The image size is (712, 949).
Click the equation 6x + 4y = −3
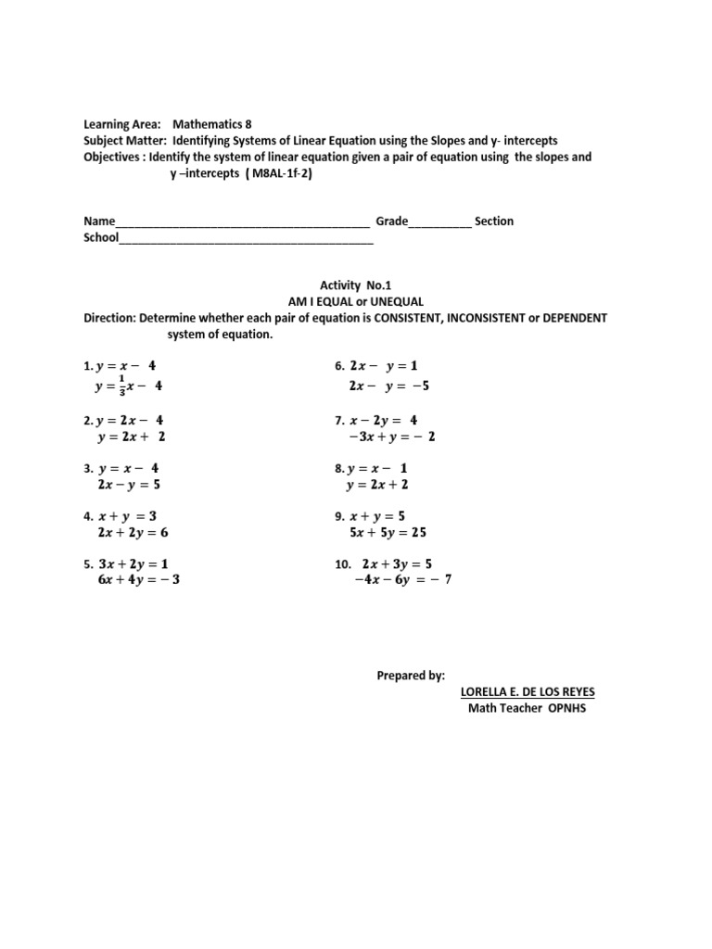[137, 580]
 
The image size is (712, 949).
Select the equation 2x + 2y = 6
[133, 533]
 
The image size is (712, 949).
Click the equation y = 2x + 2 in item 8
[376, 485]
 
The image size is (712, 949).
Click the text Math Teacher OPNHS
[527, 709]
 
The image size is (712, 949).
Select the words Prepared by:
[411, 676]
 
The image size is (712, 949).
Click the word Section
[493, 221]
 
